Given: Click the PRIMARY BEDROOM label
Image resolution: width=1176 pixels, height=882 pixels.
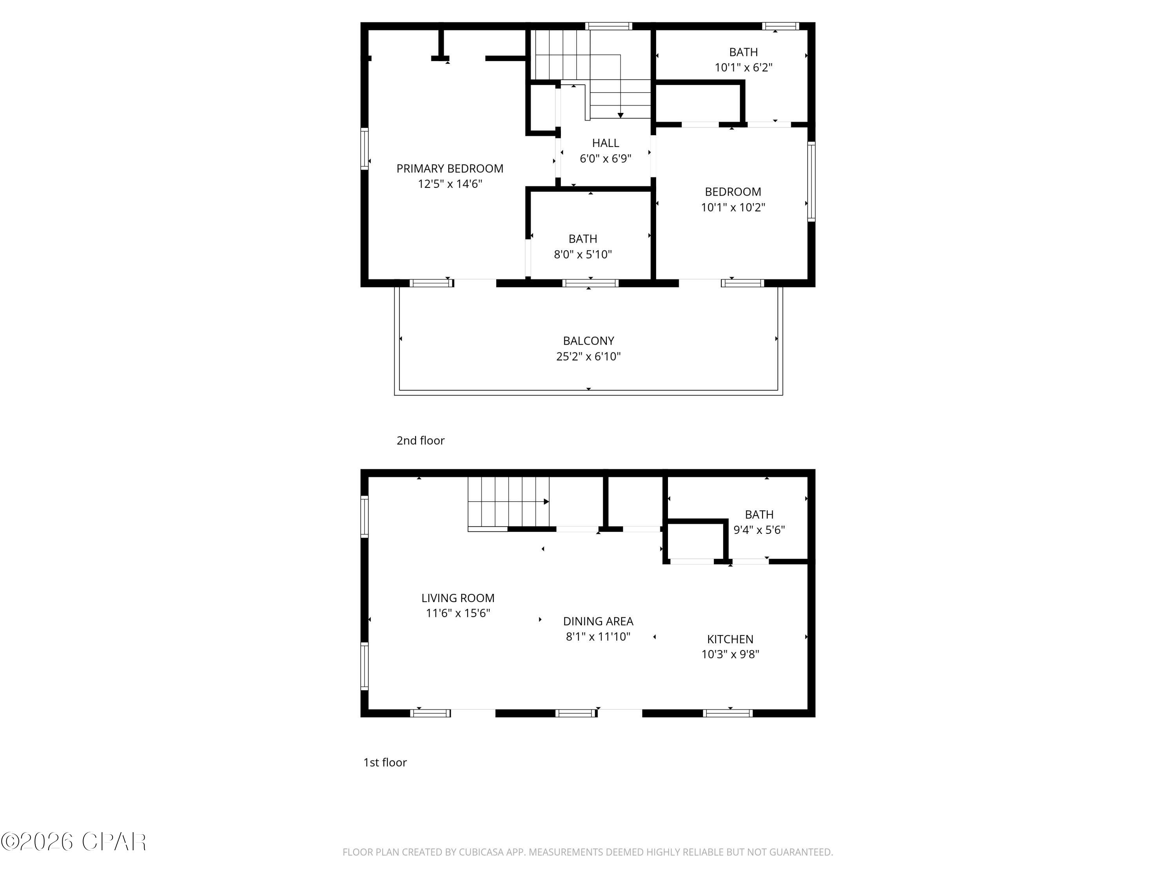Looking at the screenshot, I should (449, 169).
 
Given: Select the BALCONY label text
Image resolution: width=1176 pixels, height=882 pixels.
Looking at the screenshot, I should (588, 341).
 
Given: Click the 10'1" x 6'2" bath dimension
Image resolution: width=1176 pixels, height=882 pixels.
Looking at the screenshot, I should (743, 67).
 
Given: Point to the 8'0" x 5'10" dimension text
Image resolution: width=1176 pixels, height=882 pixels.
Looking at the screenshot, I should (583, 254).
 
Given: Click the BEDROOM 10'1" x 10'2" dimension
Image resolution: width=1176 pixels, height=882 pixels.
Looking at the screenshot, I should (732, 207).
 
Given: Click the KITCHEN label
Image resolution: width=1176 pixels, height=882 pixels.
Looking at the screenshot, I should (730, 639).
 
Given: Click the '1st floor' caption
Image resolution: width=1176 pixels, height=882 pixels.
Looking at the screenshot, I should (385, 762).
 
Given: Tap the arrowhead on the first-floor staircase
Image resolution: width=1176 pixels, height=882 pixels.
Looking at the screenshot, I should (546, 501).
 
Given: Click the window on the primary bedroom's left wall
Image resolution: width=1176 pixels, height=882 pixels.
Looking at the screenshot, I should (364, 149).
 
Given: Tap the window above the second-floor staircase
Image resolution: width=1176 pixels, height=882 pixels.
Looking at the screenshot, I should (608, 26).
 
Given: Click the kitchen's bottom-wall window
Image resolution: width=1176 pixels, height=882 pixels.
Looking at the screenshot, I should (727, 713).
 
